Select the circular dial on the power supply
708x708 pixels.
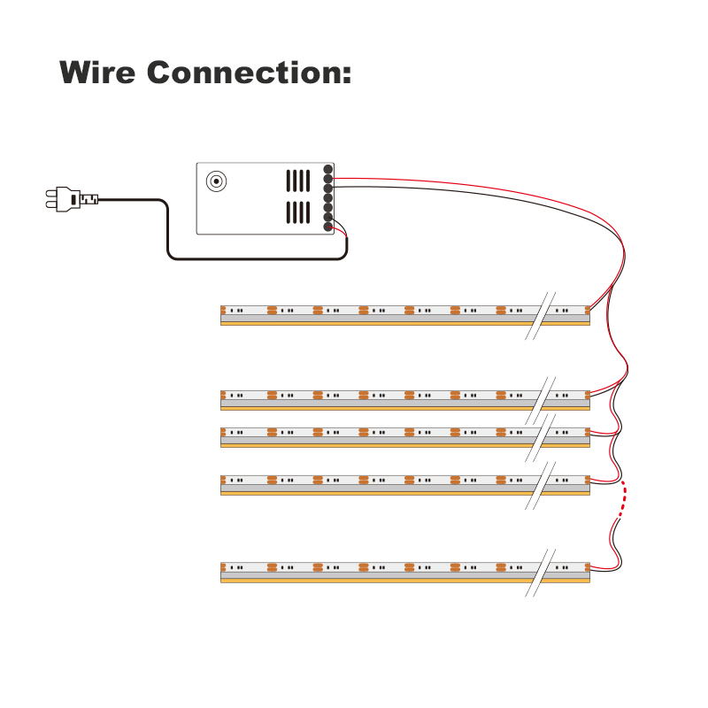coord(215,181)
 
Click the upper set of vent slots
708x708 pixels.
coord(298,181)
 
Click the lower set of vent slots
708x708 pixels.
coord(298,212)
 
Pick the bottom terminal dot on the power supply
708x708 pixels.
coord(328,227)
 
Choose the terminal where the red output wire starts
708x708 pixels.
coord(328,178)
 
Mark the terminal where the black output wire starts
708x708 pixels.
coord(328,188)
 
